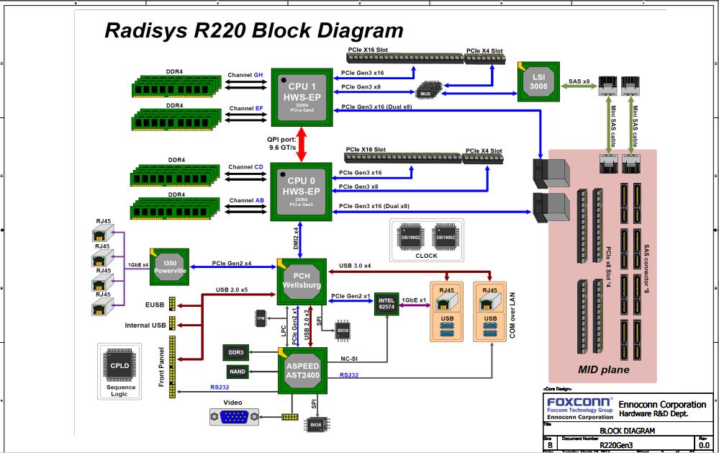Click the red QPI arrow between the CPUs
point(302,144)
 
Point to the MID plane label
point(603,370)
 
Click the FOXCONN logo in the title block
point(579,401)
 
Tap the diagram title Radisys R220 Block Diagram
point(254,31)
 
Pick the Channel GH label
point(245,75)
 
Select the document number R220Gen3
point(616,445)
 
